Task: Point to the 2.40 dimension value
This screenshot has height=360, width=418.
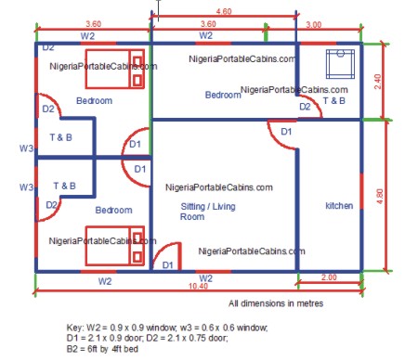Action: click(x=377, y=81)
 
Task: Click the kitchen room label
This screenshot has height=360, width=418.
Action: click(x=340, y=206)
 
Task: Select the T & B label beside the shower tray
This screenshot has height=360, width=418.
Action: click(x=333, y=99)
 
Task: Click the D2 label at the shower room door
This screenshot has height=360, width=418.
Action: click(x=304, y=108)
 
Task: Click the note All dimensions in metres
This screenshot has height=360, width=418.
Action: click(x=277, y=303)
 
